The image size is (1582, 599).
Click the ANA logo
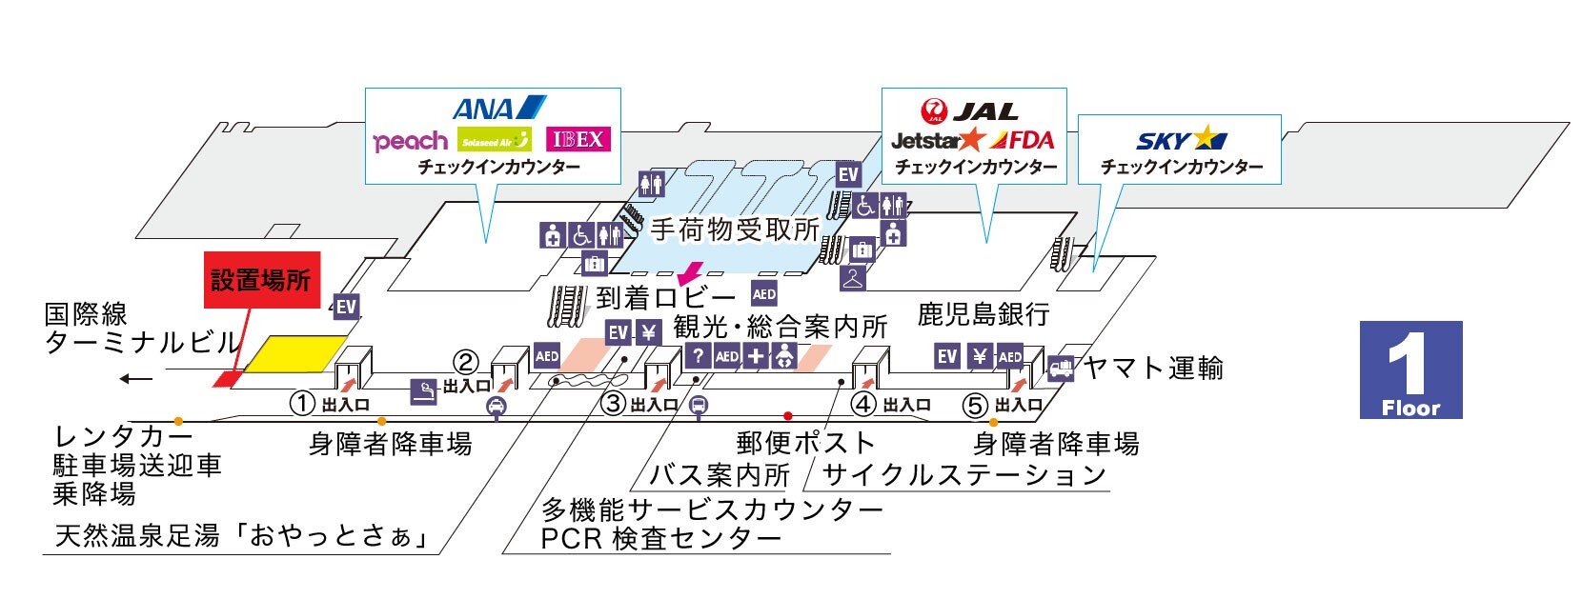(498, 108)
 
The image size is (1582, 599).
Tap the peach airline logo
(410, 142)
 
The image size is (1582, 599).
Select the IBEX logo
(578, 140)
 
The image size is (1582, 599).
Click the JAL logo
(969, 111)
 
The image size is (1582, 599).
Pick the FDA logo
(1022, 141)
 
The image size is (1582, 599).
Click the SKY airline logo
(1181, 140)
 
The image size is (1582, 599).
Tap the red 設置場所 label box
(262, 280)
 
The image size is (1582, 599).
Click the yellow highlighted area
(295, 353)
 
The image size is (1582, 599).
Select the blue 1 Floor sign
(1410, 369)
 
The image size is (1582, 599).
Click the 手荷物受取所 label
(734, 230)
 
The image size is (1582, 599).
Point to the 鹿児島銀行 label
(984, 314)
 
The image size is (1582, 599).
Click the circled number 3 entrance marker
(614, 404)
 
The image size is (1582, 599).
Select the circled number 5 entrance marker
(974, 406)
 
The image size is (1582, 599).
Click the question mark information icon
(698, 356)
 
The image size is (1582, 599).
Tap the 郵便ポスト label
(805, 442)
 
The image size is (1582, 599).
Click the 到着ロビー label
(666, 298)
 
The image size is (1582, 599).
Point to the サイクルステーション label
(963, 474)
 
